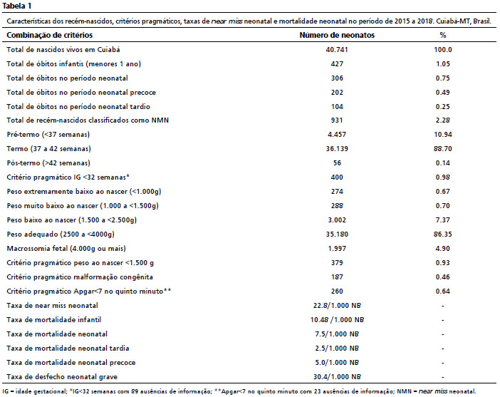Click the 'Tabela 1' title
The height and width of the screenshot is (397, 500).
[16, 6]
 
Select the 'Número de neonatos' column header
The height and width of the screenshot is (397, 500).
[337, 35]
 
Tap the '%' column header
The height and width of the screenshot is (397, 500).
[443, 35]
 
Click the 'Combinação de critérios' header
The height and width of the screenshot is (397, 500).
[49, 35]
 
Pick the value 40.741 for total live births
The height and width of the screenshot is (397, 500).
[337, 49]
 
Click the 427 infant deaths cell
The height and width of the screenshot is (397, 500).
[337, 64]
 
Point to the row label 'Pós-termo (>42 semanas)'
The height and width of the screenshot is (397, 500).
[48, 163]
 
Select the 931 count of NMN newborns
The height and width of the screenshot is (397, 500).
[337, 120]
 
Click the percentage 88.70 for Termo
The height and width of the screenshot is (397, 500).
[443, 149]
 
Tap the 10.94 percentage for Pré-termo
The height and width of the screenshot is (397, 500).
[443, 135]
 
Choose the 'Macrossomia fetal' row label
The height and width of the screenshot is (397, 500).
[37, 248]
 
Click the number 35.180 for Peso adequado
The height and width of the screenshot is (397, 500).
[337, 234]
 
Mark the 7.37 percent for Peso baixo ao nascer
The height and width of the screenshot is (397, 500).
[443, 220]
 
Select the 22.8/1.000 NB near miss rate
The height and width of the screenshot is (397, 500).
[337, 305]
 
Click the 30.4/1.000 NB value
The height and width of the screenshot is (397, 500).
[337, 377]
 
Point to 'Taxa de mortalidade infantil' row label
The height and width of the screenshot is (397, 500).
[54, 320]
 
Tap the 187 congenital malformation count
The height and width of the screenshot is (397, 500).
[337, 277]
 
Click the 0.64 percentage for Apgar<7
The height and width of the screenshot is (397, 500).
[443, 292]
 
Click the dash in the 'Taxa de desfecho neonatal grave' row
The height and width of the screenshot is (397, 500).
[443, 377]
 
